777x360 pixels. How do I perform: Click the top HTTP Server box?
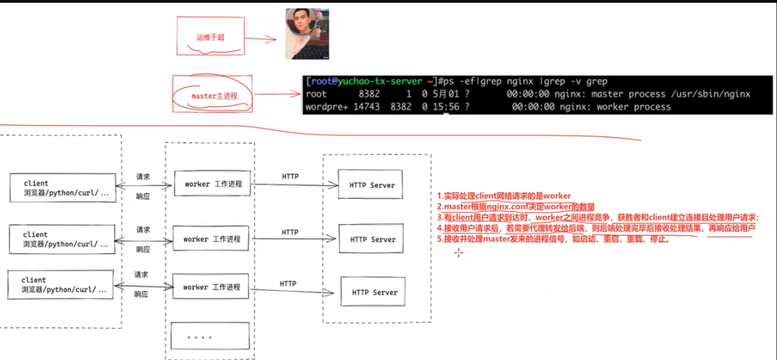coord(372,184)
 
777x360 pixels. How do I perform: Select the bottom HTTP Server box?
coord(375,292)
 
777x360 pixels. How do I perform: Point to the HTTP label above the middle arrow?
coord(289,232)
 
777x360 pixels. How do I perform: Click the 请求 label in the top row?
coord(143,177)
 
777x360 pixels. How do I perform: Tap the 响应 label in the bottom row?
coord(141,294)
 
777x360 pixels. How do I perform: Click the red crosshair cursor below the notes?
coord(459,253)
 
